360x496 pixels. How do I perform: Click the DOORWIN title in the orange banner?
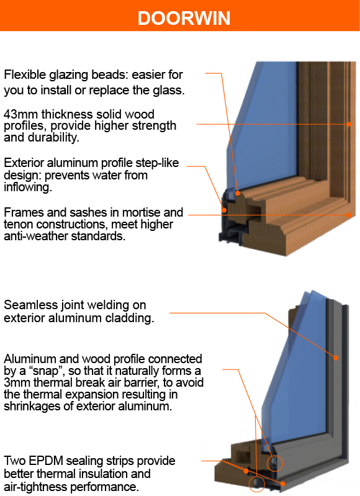[x=184, y=18]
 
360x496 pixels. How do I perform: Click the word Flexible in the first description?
[x=25, y=74]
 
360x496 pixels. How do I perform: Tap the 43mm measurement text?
[x=21, y=114]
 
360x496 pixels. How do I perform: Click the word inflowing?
[x=28, y=187]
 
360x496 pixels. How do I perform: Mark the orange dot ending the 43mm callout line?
[x=349, y=124]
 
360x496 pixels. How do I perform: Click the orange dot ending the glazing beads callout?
[x=238, y=193]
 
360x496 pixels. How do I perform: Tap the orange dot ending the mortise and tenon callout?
[x=349, y=215]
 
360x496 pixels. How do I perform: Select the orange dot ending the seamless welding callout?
[x=336, y=358]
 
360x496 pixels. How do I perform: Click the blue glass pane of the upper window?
[x=266, y=127]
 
